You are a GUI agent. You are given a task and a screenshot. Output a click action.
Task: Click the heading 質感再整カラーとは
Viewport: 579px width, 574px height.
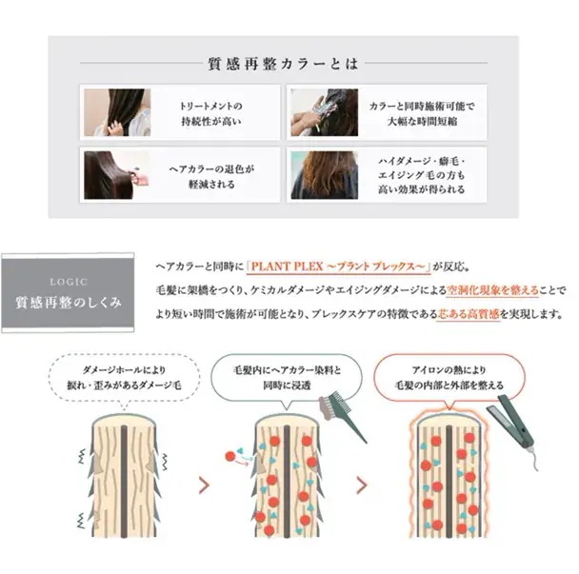(283, 65)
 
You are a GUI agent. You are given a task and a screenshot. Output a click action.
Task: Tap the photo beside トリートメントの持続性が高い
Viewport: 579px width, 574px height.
(116, 112)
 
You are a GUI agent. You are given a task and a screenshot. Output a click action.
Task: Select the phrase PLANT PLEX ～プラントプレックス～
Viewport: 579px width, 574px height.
(340, 267)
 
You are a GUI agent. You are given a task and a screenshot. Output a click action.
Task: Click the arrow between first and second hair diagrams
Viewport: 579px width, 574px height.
(203, 485)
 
